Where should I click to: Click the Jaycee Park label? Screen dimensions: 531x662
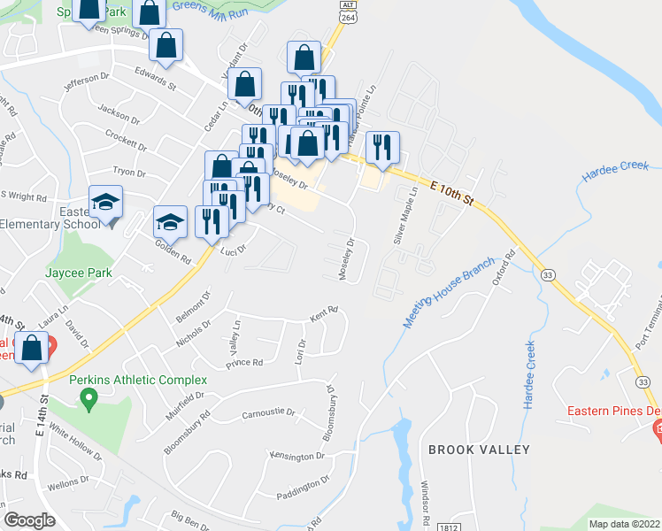pos(80,273)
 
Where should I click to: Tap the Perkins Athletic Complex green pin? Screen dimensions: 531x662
pos(88,400)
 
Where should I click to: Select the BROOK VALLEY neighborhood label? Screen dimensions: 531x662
pos(479,450)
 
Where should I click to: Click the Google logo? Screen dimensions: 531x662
pos(29,519)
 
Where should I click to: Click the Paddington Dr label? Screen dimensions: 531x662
pos(302,488)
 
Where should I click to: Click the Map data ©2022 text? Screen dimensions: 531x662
pos(625,524)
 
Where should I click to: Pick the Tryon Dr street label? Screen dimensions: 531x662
pos(128,172)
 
